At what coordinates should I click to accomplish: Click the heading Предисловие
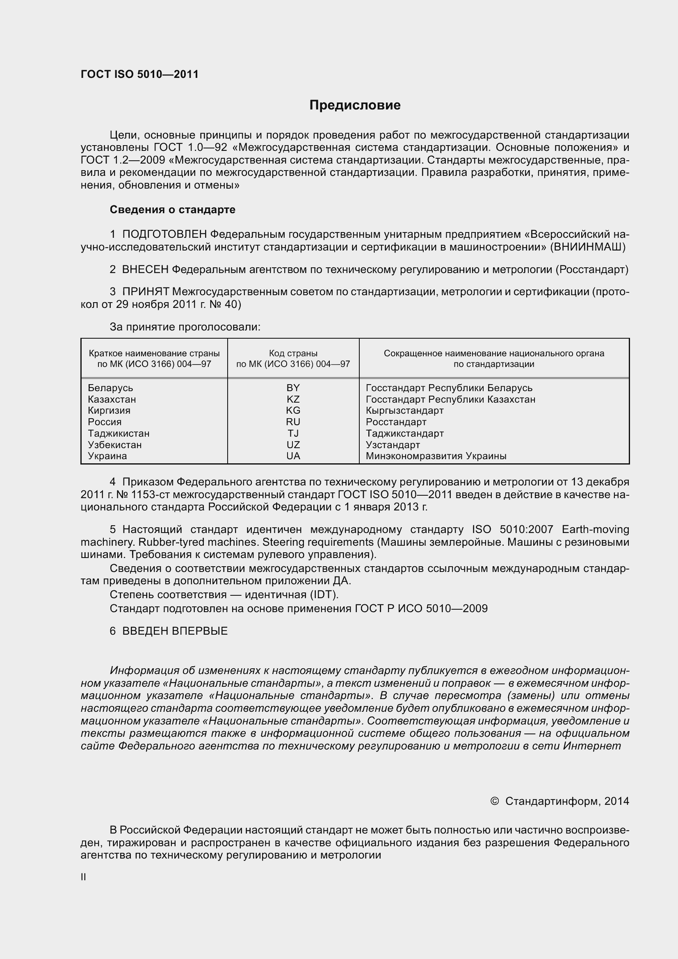[355, 105]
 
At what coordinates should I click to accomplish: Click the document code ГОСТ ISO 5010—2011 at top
[139, 74]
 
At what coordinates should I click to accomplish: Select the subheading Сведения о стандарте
[173, 210]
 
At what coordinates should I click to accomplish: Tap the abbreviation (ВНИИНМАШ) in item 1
[588, 247]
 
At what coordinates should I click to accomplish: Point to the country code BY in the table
[293, 388]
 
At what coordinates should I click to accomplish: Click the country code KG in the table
[293, 410]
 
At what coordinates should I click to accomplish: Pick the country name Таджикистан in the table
[119, 433]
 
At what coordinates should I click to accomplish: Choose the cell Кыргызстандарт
[404, 410]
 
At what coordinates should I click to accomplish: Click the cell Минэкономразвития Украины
[436, 456]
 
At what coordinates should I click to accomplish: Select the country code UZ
[293, 445]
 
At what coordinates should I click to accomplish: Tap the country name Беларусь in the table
[110, 388]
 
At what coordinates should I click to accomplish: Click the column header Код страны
[293, 353]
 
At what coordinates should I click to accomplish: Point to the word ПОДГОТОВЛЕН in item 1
[164, 235]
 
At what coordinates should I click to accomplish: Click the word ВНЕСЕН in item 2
[145, 270]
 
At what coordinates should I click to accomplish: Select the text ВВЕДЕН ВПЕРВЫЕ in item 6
[175, 631]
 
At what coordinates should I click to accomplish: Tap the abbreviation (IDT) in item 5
[324, 595]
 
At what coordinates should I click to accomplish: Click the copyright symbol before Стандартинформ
[494, 801]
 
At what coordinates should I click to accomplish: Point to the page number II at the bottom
[83, 877]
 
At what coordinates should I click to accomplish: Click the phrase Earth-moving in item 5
[595, 530]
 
